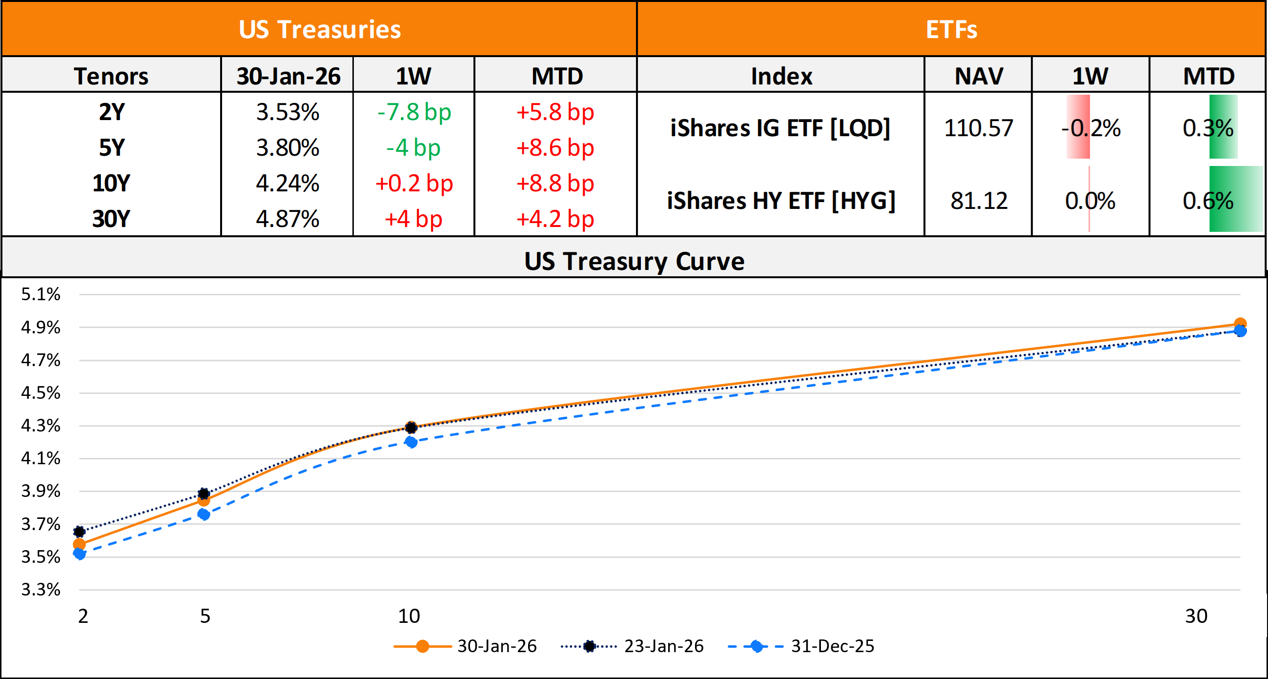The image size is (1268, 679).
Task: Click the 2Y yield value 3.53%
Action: [x=287, y=112]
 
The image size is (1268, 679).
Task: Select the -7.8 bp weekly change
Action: [x=414, y=112]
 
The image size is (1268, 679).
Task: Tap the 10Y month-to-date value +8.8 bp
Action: [x=555, y=184]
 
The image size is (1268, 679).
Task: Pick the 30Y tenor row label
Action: [x=111, y=219]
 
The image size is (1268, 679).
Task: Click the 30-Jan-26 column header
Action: [x=288, y=76]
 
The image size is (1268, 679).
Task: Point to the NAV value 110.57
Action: [x=978, y=128]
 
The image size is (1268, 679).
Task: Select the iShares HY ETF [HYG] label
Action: [x=781, y=201]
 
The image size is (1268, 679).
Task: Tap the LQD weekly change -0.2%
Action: [x=1090, y=128]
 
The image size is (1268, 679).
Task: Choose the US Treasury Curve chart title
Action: [x=634, y=261]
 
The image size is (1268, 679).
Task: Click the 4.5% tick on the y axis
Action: [x=41, y=393]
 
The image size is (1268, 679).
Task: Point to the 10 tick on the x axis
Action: [x=409, y=616]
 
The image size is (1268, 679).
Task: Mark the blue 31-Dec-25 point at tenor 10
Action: [x=411, y=442]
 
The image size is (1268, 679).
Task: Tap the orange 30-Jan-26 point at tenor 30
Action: [x=1240, y=324]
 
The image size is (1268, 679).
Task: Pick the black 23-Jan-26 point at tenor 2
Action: [x=79, y=531]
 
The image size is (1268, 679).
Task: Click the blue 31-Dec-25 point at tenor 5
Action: [x=204, y=514]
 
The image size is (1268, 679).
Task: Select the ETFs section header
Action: [x=951, y=30]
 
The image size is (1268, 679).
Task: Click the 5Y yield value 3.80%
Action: [x=287, y=148]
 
